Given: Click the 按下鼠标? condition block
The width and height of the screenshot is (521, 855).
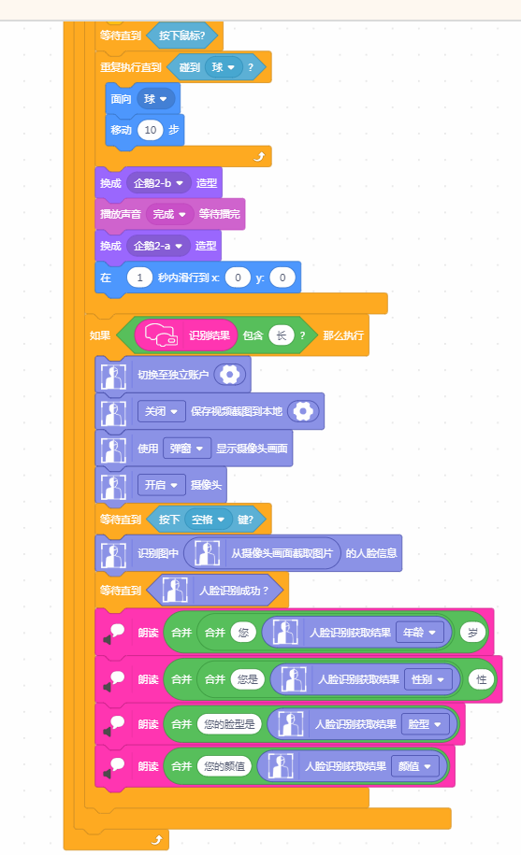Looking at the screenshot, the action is point(182,36).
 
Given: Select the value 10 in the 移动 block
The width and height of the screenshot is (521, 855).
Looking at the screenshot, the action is point(151,130).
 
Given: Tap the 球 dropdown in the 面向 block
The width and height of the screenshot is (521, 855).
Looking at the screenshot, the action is point(155,99).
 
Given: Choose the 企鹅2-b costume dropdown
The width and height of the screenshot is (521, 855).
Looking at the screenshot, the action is point(158,183).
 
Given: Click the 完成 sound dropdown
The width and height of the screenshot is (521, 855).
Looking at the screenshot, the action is point(169,214).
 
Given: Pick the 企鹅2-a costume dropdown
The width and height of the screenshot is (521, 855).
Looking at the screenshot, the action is point(158,246).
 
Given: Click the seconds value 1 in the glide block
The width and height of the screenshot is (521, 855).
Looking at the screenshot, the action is point(139,278).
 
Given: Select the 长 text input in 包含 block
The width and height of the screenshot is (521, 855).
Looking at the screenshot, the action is point(281,335).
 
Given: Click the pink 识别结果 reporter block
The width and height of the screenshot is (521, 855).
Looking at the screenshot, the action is point(186,335).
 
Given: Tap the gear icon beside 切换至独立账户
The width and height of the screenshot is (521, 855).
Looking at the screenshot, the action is point(230,375).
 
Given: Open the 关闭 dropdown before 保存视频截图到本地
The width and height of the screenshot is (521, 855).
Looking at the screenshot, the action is point(161,411).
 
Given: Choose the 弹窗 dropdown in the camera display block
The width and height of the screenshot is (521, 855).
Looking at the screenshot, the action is point(186,449).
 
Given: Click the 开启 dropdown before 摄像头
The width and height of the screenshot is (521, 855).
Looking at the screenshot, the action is point(161,485).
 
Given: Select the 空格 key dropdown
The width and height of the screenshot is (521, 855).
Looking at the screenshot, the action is point(209,520).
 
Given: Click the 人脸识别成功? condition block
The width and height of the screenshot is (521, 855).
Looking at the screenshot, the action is point(215,590).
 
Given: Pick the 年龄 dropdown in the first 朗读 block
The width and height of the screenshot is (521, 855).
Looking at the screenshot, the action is point(420,633).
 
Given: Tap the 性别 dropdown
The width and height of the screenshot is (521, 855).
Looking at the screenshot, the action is point(427,679).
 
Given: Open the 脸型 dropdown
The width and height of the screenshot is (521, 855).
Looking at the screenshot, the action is point(425,724).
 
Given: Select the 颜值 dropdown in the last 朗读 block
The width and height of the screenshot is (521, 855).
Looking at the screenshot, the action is point(414,766).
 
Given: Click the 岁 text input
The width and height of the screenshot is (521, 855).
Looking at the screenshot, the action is point(473,633).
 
